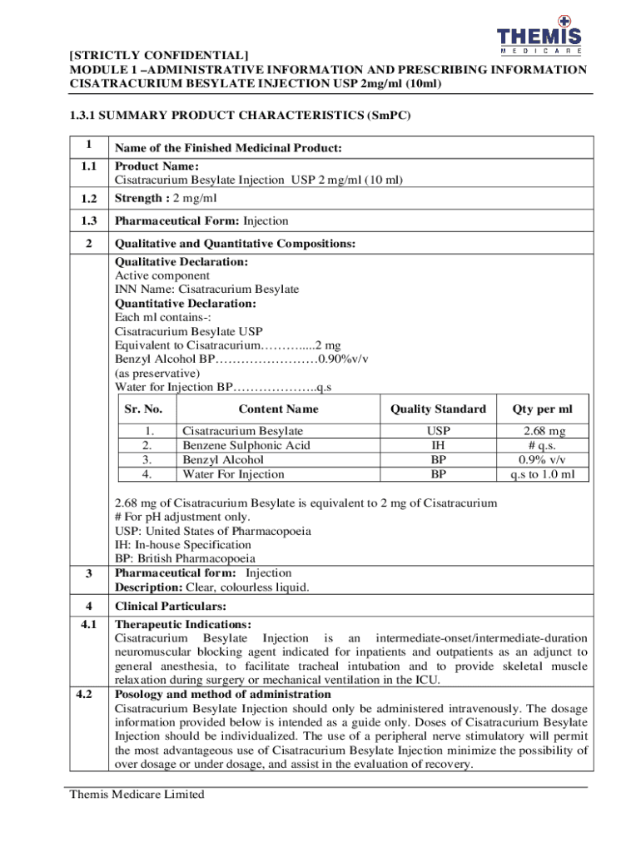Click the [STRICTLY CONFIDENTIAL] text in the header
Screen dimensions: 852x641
pos(158,56)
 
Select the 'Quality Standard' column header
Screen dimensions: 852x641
pos(438,409)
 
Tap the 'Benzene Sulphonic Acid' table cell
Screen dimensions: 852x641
pos(246,445)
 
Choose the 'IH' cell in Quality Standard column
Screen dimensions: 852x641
pos(438,445)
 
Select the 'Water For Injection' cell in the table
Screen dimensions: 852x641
pos(233,474)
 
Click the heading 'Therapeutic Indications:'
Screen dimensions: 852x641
pos(183,624)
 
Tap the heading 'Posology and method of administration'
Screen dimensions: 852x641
pos(222,694)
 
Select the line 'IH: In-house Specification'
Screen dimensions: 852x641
pos(182,545)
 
